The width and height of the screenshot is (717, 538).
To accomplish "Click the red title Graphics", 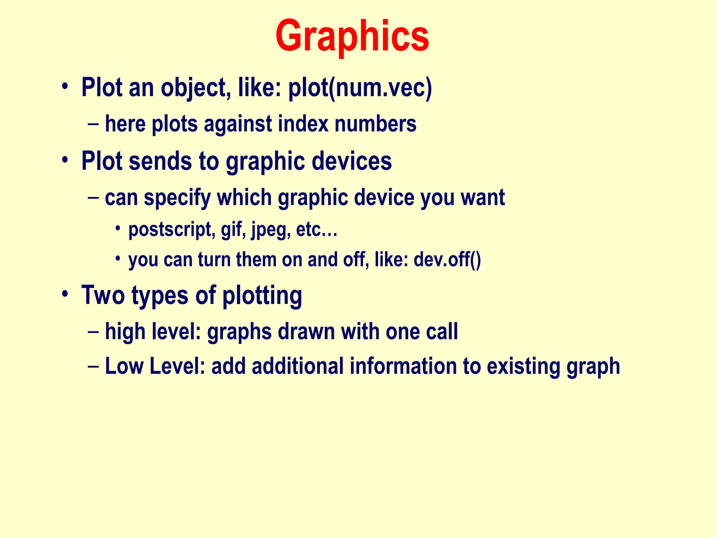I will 352,37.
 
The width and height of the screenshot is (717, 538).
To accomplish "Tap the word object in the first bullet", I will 193,88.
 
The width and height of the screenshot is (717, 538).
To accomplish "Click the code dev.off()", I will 447,260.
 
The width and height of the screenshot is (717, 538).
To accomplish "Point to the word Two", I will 103,295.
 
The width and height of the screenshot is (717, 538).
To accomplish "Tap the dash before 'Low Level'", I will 94,367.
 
